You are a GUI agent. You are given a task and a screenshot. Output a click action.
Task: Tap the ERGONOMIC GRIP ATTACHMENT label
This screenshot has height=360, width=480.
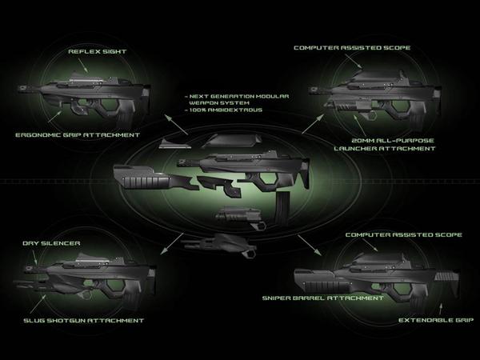[78, 134]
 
